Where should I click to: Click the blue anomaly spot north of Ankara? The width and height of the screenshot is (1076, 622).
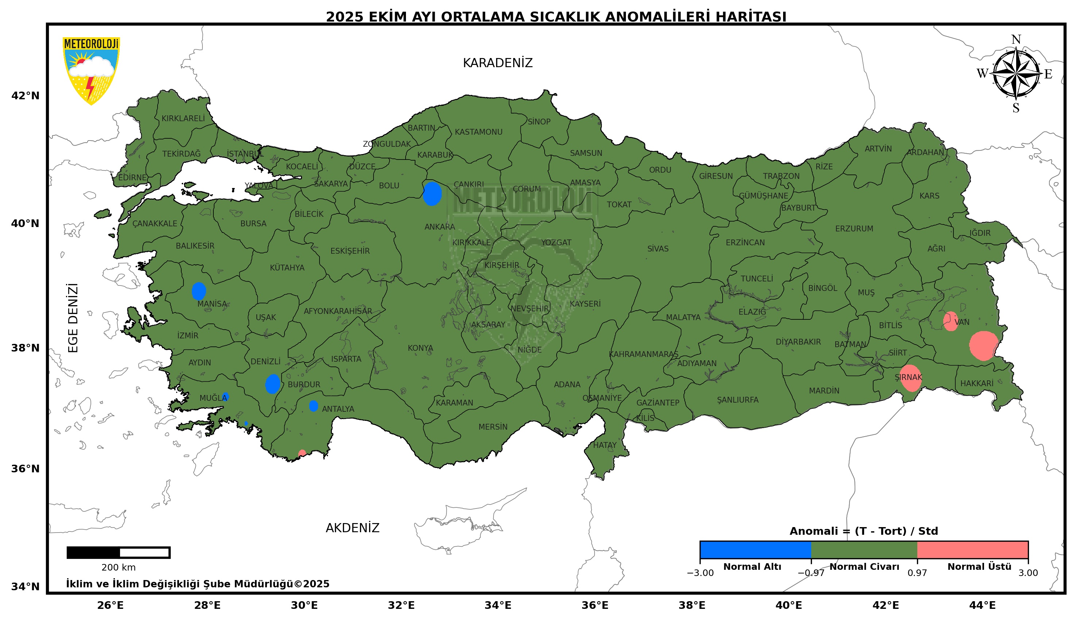432,193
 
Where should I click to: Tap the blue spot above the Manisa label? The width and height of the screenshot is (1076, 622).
198,291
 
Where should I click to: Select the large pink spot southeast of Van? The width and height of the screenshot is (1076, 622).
983,346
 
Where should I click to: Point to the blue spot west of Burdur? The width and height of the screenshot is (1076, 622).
272,384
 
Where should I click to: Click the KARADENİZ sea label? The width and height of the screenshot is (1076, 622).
497,63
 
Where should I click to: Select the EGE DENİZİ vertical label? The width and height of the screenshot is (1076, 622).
73,318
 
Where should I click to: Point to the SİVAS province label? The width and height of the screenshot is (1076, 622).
657,249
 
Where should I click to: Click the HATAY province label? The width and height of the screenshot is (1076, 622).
604,445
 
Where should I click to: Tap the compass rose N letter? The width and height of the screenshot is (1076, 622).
1016,40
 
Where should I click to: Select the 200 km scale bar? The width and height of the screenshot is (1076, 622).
118,552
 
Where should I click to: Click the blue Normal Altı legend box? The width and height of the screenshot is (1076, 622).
755,550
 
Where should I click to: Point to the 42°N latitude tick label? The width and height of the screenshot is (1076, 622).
25,96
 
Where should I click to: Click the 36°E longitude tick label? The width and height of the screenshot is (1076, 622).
595,605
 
